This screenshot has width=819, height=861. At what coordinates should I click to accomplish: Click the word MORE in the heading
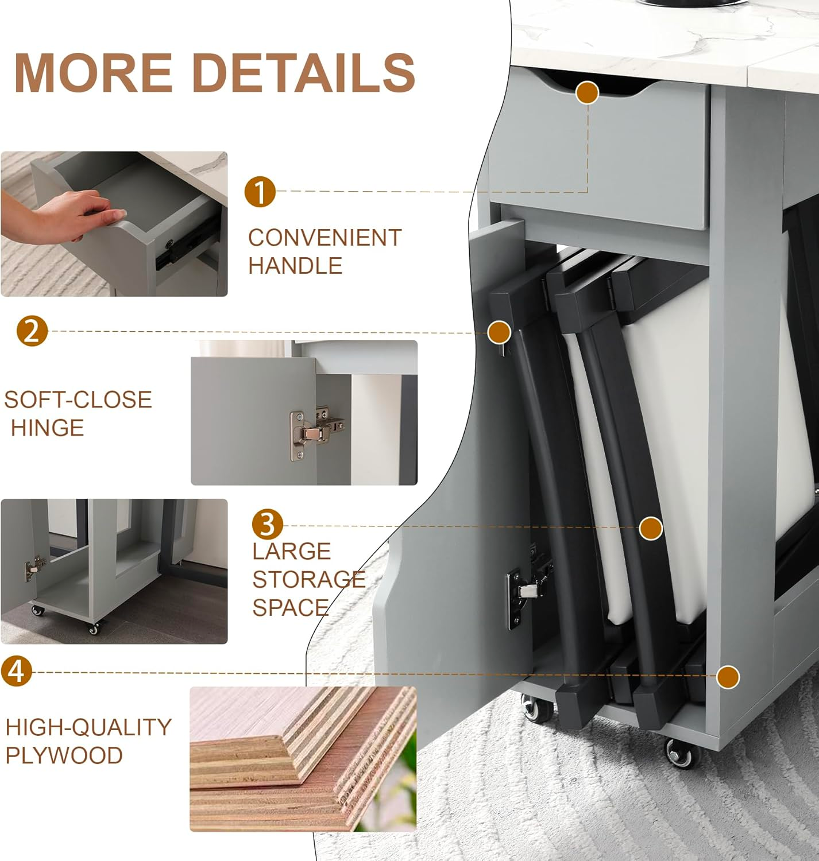94,72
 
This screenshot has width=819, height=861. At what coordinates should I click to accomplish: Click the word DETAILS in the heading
304,72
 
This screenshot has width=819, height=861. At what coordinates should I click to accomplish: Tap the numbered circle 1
260,191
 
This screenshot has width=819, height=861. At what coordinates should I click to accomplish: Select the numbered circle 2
32,331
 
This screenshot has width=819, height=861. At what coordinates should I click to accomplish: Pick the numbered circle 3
267,524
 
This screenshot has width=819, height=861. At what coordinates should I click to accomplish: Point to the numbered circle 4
17,672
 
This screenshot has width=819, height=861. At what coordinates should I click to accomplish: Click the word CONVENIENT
324,238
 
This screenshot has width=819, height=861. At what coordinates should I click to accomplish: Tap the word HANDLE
295,266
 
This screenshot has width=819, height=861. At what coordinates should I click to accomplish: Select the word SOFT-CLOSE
78,400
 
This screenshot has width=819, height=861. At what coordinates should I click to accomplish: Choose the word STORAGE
309,579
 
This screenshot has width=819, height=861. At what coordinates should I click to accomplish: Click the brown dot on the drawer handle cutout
587,92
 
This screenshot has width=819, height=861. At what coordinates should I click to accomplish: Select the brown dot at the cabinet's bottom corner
728,677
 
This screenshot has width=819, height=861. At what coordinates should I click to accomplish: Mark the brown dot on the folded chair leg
651,528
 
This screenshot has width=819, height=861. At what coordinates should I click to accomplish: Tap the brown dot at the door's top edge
499,332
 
